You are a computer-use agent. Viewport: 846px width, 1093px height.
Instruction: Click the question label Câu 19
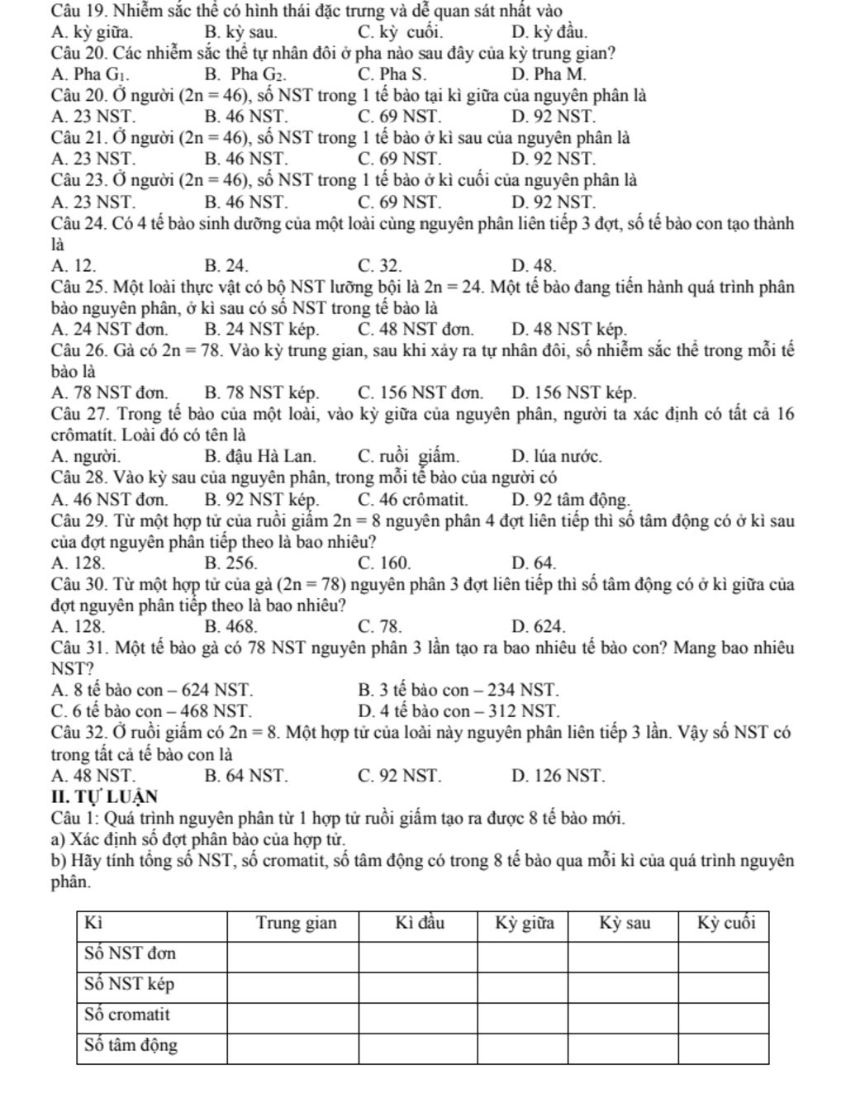[x=76, y=11]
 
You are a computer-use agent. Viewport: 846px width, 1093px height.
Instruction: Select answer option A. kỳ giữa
[x=90, y=32]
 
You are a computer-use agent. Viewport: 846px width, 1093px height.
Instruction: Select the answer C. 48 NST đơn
[x=416, y=330]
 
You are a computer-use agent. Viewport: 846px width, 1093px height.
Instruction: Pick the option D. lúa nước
[x=556, y=455]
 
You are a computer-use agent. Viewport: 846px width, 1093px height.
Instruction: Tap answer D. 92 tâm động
[x=571, y=499]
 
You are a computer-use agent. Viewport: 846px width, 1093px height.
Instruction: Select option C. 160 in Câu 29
[x=385, y=563]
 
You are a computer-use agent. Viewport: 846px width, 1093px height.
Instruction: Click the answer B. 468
[x=231, y=627]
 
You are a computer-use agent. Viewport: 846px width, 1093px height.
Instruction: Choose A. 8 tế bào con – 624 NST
[x=152, y=689]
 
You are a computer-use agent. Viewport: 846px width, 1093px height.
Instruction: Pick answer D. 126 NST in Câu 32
[x=558, y=776]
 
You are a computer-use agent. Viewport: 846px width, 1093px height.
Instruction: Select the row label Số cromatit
[x=128, y=1014]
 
